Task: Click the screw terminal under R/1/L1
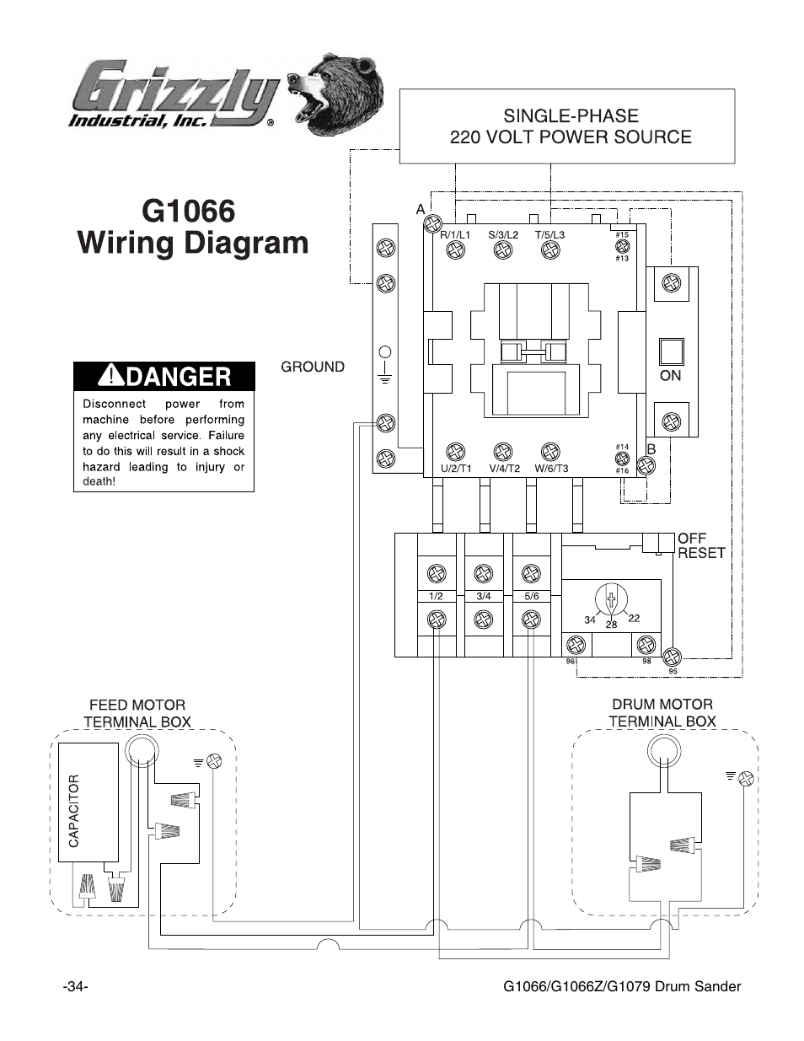click(x=455, y=250)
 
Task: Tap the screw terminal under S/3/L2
click(x=503, y=250)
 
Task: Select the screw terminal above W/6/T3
click(x=550, y=451)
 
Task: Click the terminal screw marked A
click(x=433, y=223)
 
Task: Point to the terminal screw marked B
click(x=646, y=465)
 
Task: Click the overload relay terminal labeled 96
click(x=576, y=645)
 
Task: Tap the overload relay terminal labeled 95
click(x=673, y=657)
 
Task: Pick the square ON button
click(x=671, y=352)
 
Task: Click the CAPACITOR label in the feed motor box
click(x=74, y=811)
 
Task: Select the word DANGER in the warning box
click(x=179, y=377)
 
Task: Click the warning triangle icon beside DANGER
click(x=111, y=374)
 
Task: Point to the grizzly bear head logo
click(x=335, y=94)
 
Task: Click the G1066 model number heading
click(x=189, y=211)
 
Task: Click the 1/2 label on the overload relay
click(x=436, y=596)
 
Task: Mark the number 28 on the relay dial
click(x=612, y=625)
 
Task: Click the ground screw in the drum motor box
click(x=746, y=779)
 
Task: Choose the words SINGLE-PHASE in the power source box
click(x=571, y=116)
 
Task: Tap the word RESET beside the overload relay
click(x=701, y=553)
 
